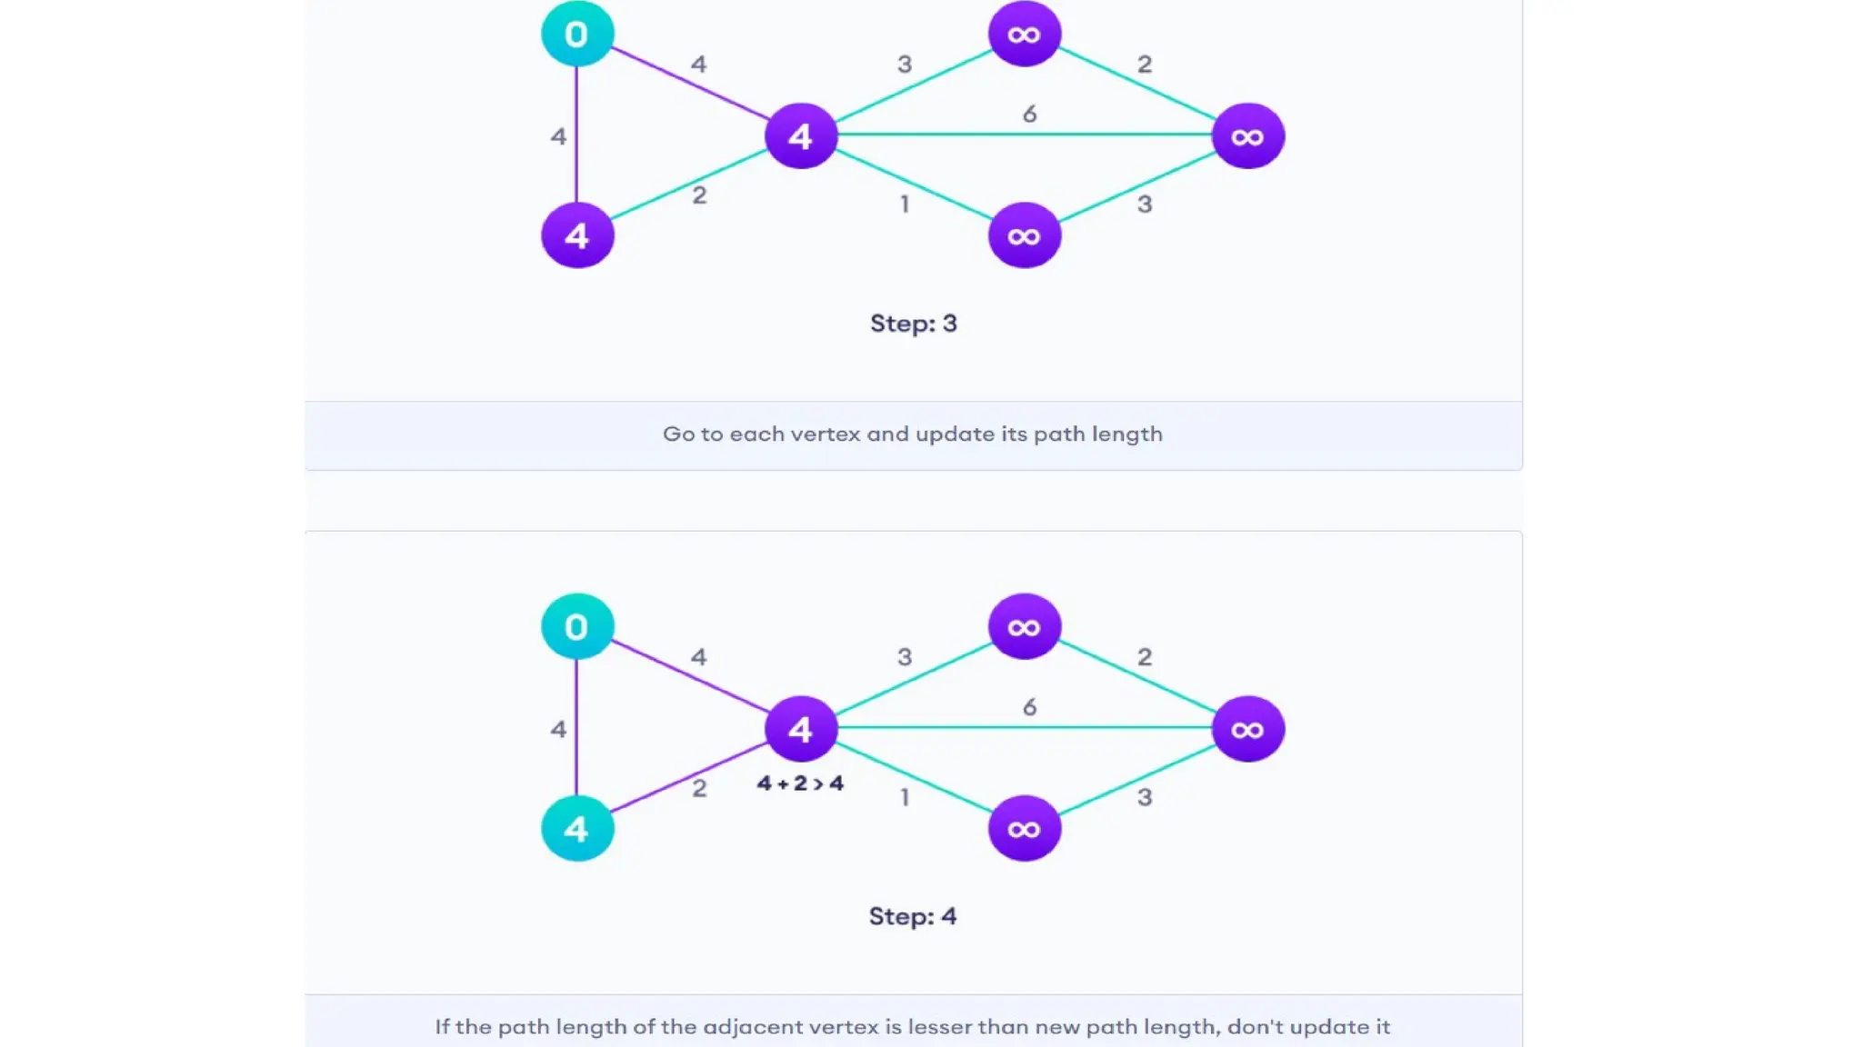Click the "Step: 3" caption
913,324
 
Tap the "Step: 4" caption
912,916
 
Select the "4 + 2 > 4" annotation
800,783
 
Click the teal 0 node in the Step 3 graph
576,35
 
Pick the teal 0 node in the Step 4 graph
576,627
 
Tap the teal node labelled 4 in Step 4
576,829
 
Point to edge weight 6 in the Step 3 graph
1029,115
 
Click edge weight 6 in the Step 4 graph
1029,707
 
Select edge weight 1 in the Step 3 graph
905,204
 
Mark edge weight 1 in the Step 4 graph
905,797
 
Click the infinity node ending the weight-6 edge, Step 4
1247,729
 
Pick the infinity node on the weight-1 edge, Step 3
1024,236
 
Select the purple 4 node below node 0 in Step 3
576,236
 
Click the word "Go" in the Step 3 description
678,434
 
